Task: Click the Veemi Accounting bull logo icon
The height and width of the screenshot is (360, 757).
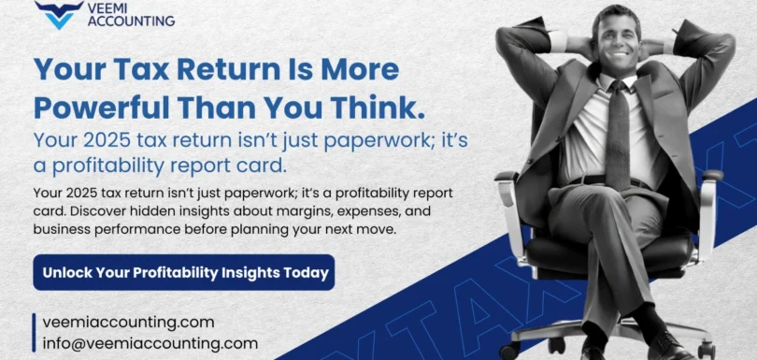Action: [53, 15]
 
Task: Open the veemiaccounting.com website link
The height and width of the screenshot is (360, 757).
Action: [128, 322]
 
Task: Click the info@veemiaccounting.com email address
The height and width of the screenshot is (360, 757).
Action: [150, 343]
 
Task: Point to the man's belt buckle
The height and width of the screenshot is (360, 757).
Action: [617, 180]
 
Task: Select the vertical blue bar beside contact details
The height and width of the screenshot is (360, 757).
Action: [35, 332]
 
